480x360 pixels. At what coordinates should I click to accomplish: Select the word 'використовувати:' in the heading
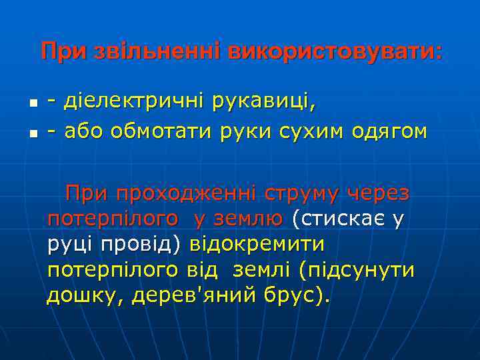point(334,52)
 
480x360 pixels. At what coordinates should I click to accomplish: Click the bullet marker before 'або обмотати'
point(33,132)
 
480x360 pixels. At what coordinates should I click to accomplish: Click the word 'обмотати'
point(159,131)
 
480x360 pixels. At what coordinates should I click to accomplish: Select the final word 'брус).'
point(298,295)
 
